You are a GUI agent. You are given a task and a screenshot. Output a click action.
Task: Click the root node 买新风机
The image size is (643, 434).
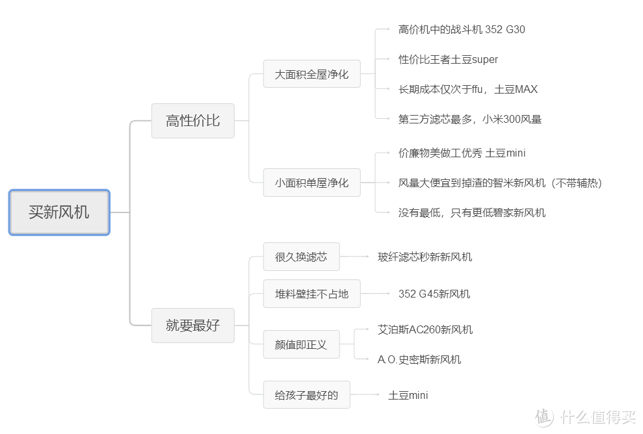click(x=59, y=212)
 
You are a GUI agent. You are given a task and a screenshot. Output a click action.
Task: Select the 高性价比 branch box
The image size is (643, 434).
click(x=192, y=121)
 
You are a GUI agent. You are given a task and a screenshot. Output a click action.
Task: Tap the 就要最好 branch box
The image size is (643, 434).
click(x=192, y=325)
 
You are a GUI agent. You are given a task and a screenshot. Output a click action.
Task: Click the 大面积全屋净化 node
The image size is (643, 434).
click(x=311, y=74)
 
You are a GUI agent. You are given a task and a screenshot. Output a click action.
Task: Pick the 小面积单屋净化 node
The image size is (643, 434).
click(x=311, y=183)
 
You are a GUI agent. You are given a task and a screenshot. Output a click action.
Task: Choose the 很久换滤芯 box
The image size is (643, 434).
click(x=302, y=257)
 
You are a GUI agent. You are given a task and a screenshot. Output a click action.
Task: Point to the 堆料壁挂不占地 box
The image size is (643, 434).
click(x=311, y=294)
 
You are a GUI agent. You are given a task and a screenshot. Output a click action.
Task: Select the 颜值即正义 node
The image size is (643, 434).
click(x=302, y=344)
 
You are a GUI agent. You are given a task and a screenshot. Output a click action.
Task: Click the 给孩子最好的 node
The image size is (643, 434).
click(x=307, y=395)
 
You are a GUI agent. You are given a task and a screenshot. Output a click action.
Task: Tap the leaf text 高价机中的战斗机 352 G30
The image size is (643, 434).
click(x=462, y=29)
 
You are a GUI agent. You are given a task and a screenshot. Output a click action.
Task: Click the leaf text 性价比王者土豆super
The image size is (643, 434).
click(x=448, y=59)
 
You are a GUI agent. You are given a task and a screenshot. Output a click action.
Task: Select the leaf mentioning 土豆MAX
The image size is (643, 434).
click(x=468, y=90)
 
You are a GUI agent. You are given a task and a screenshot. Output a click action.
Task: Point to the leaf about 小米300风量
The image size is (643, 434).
click(x=470, y=120)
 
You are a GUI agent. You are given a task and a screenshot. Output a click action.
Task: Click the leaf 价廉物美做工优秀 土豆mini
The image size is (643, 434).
click(x=462, y=153)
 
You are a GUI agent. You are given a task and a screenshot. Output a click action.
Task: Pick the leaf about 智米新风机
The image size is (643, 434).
click(x=501, y=183)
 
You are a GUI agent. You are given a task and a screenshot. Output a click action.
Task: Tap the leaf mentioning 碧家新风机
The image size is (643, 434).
click(x=472, y=212)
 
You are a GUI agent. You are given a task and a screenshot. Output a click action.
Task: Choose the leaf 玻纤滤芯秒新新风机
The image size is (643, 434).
click(x=425, y=257)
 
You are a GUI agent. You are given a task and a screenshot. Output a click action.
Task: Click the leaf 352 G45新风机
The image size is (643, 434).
click(x=434, y=294)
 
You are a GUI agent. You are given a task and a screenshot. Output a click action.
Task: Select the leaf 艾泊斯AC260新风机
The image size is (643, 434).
click(x=425, y=329)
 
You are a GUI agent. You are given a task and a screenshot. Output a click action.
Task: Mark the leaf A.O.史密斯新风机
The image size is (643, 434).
click(x=419, y=359)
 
